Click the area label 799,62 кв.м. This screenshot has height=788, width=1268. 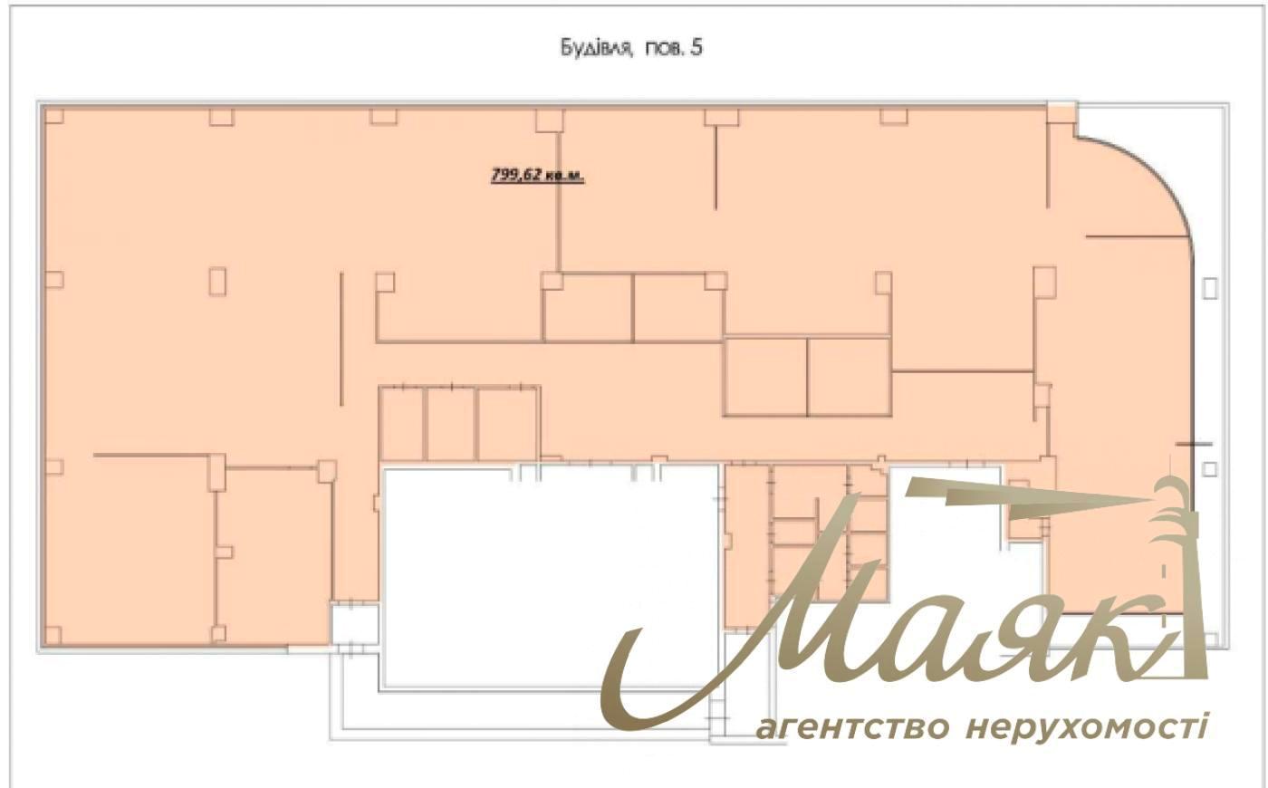[x=537, y=175]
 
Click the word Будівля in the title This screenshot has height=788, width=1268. [x=596, y=48]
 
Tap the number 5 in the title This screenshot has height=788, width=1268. [x=696, y=47]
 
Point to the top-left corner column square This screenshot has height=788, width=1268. [x=53, y=116]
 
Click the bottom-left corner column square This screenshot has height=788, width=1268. [x=53, y=635]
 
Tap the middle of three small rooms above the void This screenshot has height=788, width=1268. [x=451, y=424]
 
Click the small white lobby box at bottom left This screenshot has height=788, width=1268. [x=355, y=625]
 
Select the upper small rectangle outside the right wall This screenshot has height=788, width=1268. [x=1210, y=288]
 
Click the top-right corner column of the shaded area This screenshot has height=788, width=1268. [x=1061, y=112]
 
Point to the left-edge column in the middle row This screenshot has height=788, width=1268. [x=53, y=280]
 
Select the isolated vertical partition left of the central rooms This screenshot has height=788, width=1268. [x=341, y=339]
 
